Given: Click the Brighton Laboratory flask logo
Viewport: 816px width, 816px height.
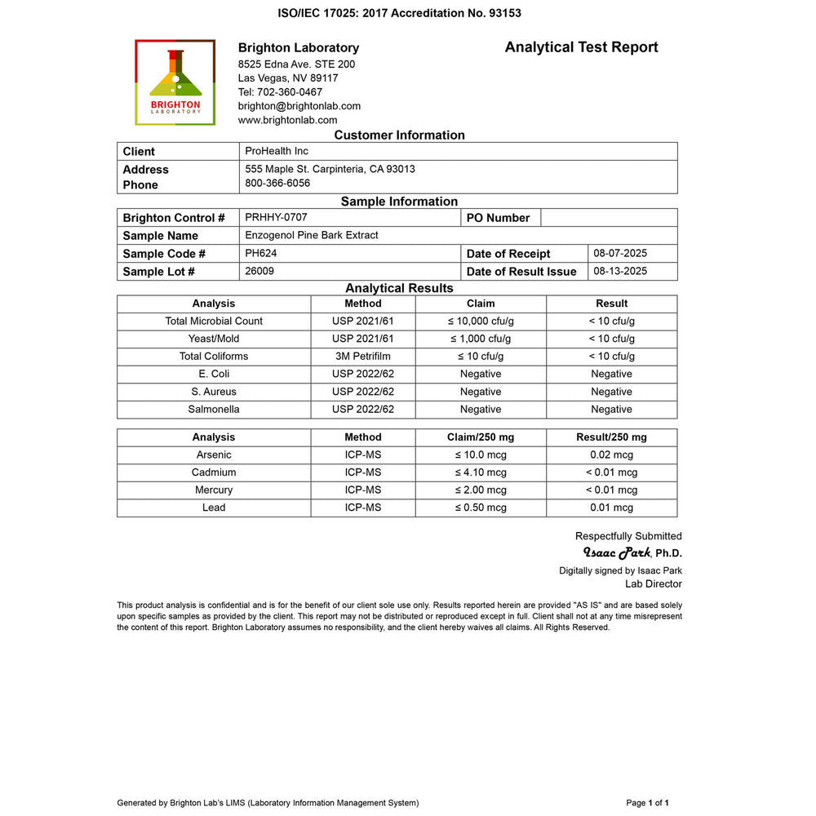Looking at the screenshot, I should pos(175,82).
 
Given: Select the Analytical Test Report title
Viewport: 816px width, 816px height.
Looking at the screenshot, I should pos(581,47).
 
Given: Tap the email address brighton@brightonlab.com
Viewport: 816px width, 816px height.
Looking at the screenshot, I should pos(299,106).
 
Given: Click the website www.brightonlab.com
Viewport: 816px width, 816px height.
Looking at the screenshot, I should pos(287,120).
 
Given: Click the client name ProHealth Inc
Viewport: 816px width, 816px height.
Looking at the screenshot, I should pos(277,151).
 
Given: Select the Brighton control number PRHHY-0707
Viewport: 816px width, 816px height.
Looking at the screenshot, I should pos(276,217).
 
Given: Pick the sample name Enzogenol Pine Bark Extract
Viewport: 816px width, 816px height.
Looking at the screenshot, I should pos(312,235).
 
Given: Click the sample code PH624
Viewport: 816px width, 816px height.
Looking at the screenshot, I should pos(261,253).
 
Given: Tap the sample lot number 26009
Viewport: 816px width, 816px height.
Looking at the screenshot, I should pos(259,271).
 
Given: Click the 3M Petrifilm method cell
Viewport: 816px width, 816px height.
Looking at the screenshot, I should pos(362,356).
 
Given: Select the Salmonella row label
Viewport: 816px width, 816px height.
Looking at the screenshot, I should pos(214,409).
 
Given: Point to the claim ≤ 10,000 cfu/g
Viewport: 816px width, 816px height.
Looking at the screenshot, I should pos(481,321).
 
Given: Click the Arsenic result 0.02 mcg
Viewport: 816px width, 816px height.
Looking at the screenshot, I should pos(611,455).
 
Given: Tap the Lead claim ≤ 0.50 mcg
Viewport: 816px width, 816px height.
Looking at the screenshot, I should pos(481,508).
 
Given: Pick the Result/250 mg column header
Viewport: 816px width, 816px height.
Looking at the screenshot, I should pos(611,437).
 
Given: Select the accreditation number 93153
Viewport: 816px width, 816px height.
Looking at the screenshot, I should pos(503,13).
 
